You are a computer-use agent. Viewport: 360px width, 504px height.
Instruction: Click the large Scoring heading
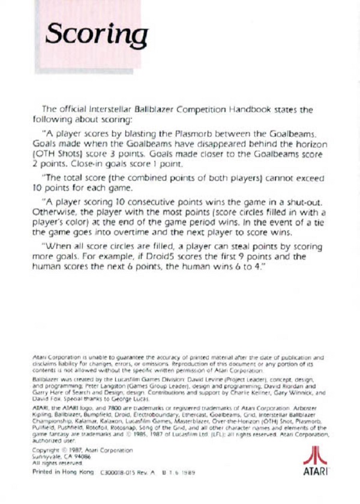click(x=96, y=34)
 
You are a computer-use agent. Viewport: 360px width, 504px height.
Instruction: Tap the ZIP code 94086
click(x=82, y=455)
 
